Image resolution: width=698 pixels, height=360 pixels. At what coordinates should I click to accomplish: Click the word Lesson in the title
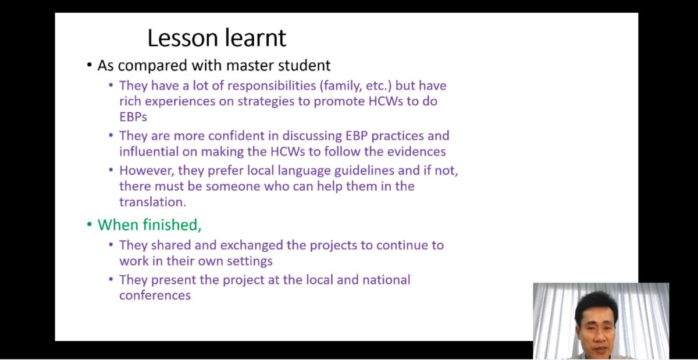pyautogui.click(x=183, y=38)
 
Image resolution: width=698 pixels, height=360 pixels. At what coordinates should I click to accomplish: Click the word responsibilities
pyautogui.click(x=264, y=85)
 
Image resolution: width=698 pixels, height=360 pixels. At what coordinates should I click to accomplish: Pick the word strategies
pyautogui.click(x=266, y=102)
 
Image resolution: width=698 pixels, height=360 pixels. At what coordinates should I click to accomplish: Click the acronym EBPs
pyautogui.click(x=133, y=117)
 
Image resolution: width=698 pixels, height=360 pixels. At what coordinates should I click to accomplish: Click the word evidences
pyautogui.click(x=416, y=151)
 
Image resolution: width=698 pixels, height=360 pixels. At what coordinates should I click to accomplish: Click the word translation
pyautogui.click(x=152, y=202)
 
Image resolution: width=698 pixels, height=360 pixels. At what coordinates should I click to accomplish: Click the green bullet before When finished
pyautogui.click(x=90, y=224)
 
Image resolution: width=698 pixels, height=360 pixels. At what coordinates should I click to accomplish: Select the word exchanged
pyautogui.click(x=251, y=245)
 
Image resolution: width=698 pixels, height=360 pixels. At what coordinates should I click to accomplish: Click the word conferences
pyautogui.click(x=155, y=295)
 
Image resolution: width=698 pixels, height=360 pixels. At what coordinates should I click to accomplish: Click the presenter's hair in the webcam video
pyautogui.click(x=596, y=305)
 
